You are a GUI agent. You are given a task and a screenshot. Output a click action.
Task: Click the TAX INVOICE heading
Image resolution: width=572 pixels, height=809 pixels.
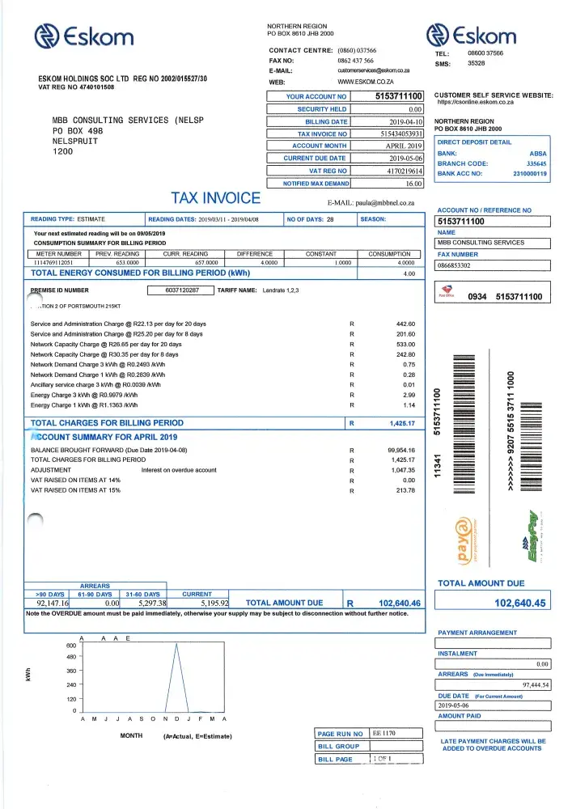215,198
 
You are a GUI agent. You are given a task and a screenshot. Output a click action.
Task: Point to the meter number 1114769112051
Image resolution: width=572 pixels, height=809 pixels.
57,262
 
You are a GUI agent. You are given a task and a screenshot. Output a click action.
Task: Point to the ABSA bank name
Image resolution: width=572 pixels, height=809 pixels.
538,153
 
